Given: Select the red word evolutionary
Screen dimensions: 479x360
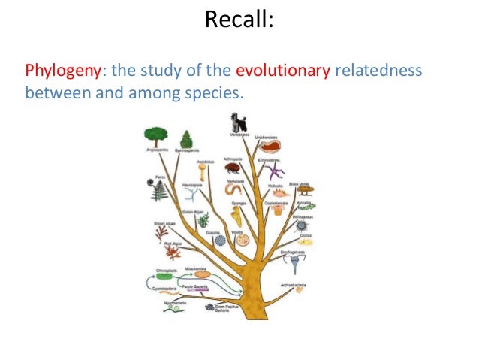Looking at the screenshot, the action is [283, 71].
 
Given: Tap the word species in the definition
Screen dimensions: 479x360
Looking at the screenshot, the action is [218, 95].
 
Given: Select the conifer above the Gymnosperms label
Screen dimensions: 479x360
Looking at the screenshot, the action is [185, 138].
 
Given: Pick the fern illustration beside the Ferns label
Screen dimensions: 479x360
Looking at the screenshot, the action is [159, 191].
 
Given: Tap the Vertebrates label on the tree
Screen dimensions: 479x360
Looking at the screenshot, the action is [239, 135].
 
